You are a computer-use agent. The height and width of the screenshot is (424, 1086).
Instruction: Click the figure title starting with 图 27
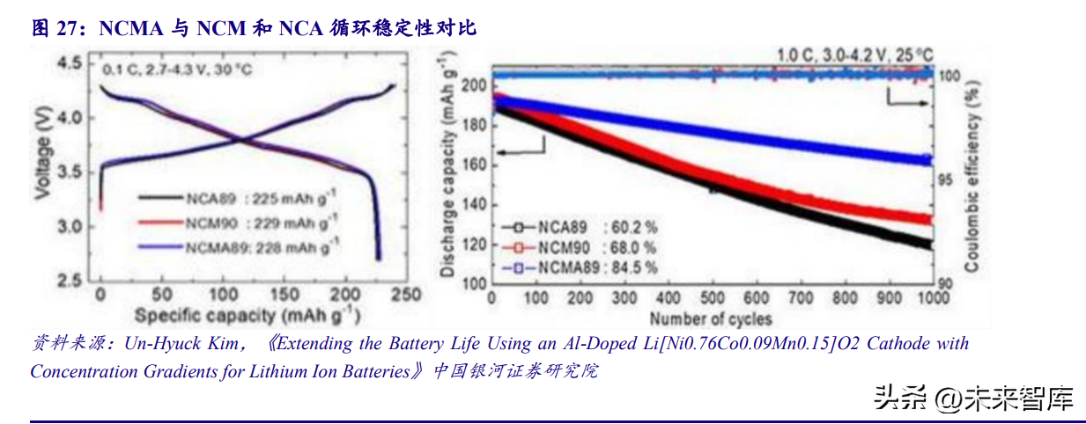[254, 28]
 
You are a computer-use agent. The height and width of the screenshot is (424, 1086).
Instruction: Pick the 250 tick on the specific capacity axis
[405, 294]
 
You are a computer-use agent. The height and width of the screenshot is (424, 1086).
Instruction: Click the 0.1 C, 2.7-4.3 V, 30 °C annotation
[176, 69]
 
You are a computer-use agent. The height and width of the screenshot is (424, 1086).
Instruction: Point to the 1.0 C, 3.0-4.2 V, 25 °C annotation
[854, 55]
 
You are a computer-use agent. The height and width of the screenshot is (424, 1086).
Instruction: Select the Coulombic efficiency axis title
[973, 176]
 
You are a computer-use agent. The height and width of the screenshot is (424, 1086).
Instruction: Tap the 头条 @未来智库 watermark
[974, 398]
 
